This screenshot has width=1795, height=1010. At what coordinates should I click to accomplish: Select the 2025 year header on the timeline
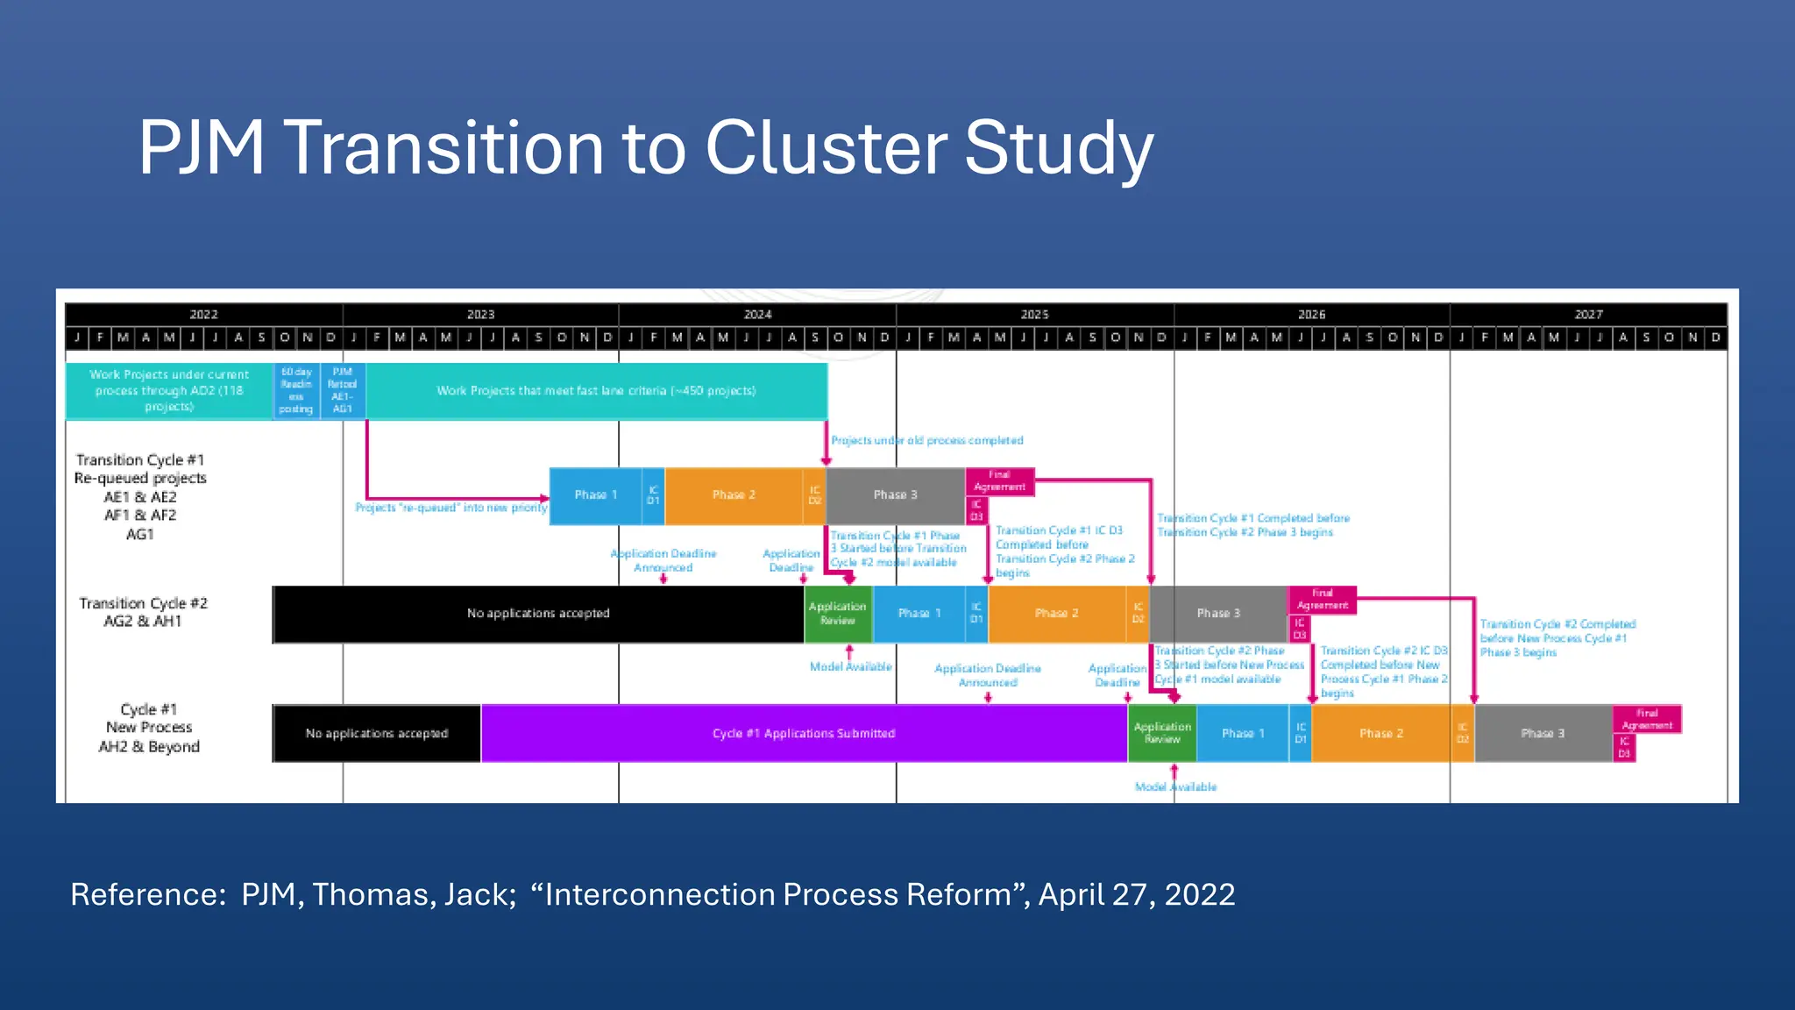coord(1034,314)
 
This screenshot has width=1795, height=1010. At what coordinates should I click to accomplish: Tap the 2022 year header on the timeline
coord(203,314)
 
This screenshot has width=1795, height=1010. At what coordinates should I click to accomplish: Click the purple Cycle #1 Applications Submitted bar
coord(804,733)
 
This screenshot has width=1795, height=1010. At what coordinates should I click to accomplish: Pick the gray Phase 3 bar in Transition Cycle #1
coord(895,495)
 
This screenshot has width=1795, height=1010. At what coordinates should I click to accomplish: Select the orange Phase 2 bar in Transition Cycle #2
coord(1056,614)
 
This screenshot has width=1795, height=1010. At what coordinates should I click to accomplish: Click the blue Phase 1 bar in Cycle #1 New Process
coord(1242,733)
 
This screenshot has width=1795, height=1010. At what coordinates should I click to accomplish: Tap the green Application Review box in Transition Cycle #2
coord(837,614)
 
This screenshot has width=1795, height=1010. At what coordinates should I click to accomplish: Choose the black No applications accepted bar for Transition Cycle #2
coord(537,614)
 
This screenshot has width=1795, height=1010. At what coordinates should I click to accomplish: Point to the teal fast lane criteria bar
coord(596,391)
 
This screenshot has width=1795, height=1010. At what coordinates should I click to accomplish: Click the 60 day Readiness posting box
coord(296,391)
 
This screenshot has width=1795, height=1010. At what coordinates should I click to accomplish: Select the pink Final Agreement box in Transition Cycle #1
coord(999,481)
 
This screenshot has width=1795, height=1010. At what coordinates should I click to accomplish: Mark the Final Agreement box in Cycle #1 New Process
coord(1647,720)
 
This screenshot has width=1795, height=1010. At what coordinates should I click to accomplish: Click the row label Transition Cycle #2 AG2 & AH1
coord(143,612)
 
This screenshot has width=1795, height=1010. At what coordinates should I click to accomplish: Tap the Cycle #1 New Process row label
coord(149,728)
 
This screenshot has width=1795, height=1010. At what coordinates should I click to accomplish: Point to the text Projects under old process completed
coord(926,440)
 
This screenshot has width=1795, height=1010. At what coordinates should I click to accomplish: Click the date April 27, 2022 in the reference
coord(1137,894)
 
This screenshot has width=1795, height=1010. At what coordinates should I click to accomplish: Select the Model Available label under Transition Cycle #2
coord(850,666)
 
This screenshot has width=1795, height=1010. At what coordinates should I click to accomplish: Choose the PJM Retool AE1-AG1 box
coord(342,391)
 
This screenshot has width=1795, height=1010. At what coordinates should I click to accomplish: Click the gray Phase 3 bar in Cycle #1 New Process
coord(1543,733)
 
